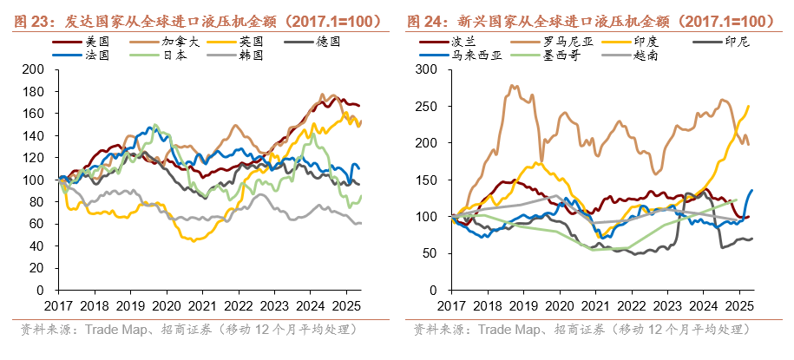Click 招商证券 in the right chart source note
point(574,331)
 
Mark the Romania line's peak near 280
point(512,85)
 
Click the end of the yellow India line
point(749,106)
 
